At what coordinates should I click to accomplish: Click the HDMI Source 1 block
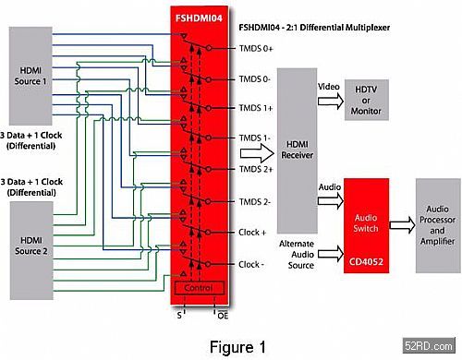30,76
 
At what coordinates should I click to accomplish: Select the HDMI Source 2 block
31,250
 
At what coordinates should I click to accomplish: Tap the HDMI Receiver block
298,150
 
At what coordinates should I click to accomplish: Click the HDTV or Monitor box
366,100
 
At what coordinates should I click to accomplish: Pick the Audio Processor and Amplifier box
438,225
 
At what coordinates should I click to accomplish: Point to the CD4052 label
366,262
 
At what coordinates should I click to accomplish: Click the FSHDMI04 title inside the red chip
199,18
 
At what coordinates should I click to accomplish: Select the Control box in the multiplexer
200,288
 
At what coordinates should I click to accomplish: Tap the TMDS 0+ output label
256,48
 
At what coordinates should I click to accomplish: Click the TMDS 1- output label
255,138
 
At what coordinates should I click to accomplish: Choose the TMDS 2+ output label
256,169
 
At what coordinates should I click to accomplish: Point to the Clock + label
252,233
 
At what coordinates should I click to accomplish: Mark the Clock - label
251,264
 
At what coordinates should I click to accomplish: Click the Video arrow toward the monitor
331,101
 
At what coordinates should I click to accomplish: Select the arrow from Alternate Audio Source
331,254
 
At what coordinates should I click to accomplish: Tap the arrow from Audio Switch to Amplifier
403,225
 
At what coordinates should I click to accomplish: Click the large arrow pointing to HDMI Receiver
257,153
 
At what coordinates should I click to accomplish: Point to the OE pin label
223,316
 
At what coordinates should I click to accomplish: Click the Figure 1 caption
237,347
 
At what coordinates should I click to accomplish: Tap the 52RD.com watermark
429,345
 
